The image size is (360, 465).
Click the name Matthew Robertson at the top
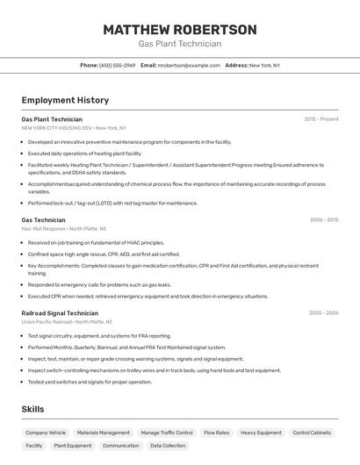coord(180,30)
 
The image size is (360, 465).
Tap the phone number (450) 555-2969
coord(118,65)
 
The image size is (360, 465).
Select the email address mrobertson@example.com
coord(189,65)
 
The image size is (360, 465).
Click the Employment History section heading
coord(65,100)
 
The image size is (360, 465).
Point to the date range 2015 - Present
coord(321,119)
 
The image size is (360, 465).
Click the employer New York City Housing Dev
coord(56,127)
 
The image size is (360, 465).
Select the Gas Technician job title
coord(43,220)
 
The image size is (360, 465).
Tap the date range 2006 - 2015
coord(324,220)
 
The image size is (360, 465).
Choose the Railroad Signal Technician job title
coord(60,313)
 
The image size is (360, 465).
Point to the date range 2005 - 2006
coord(323,313)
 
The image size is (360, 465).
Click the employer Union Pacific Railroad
coord(47,321)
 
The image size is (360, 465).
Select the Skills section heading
coord(32,410)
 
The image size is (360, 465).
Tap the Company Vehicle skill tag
coord(46,433)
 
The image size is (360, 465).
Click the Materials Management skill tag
coord(104,433)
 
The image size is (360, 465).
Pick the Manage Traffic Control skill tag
coord(167,433)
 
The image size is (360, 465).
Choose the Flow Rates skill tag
coord(216,433)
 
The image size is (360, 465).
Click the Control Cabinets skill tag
coord(312,433)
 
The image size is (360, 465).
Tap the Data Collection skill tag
coord(168,446)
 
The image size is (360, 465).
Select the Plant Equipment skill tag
coord(73,446)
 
